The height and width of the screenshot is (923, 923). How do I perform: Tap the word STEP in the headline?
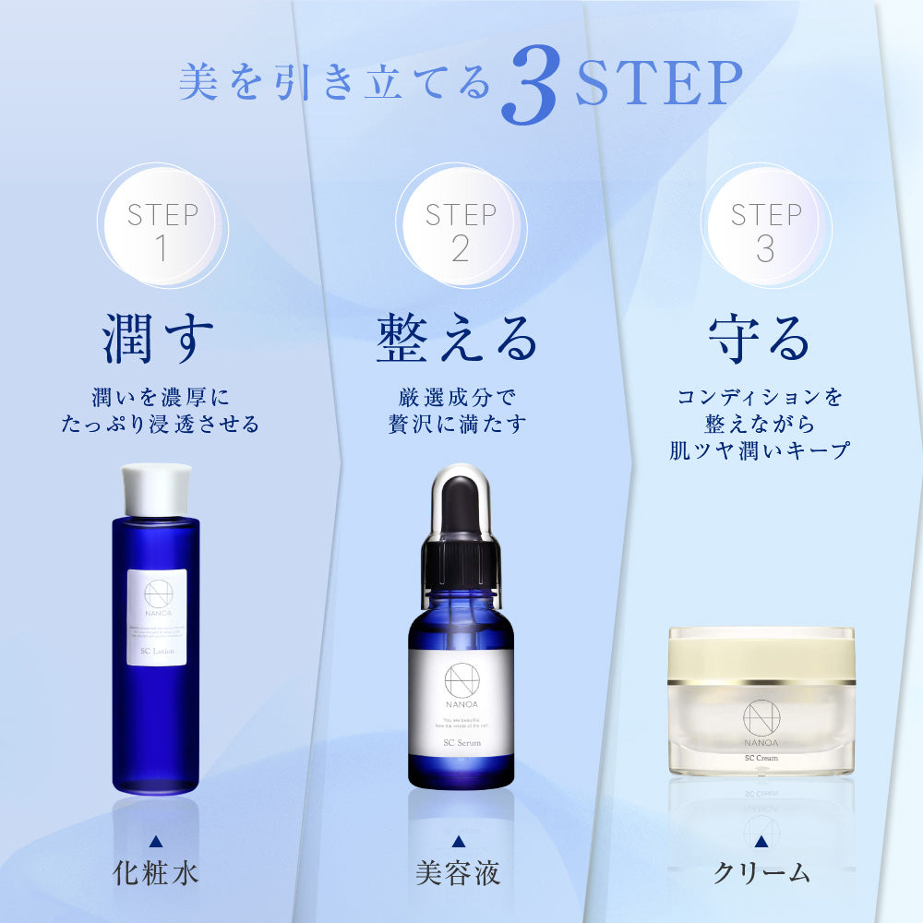pos(658,85)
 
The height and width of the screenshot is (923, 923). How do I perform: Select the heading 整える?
pos(457,340)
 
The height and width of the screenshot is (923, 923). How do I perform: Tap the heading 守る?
pos(759,340)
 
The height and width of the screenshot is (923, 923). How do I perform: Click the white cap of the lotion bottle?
pos(156,487)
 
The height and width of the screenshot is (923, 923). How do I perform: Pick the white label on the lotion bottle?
pos(157,617)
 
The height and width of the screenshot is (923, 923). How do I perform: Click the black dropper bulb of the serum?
pos(460,503)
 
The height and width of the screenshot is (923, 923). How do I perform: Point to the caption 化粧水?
pos(156,872)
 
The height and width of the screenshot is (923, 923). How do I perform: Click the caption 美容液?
pos(459,872)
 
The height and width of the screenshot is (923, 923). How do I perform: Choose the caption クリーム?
pos(761,872)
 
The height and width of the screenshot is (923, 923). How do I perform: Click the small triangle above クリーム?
pos(761,841)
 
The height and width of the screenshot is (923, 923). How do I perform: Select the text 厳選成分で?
pos(458,397)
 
